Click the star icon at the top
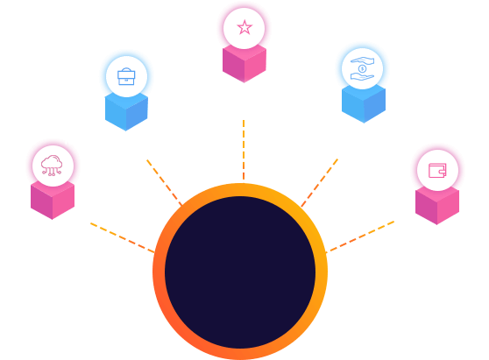[244, 27]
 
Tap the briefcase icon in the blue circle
[126, 76]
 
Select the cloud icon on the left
[53, 165]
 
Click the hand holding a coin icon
[362, 68]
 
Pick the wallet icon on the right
[437, 170]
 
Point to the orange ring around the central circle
[159, 272]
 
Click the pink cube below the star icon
[244, 66]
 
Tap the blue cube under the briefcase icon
[126, 114]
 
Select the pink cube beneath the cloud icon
[53, 202]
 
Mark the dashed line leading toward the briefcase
[164, 181]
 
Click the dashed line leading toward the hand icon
[320, 181]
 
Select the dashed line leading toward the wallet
[361, 236]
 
